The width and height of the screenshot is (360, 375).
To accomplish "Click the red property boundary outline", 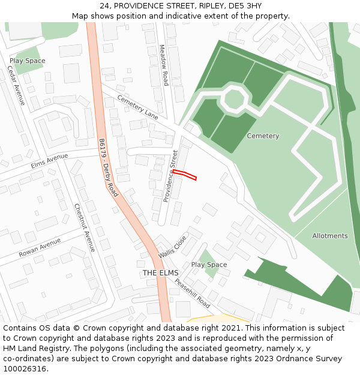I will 185,175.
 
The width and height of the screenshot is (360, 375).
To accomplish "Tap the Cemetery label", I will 263,136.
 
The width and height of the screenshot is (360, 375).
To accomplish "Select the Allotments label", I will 329,236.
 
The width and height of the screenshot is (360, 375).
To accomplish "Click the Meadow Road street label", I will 163,65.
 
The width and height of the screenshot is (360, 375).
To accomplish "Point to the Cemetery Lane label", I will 137,107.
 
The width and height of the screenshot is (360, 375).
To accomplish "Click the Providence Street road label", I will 170,176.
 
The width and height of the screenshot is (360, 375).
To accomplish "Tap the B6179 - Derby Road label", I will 109,168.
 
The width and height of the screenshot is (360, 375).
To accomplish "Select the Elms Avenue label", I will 49,160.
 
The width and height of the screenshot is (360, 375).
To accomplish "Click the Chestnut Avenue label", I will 85,227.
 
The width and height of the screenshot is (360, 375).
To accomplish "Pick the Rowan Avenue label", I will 40,248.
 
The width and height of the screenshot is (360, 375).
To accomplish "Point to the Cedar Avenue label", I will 16,85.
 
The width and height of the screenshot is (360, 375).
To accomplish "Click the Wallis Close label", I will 173,247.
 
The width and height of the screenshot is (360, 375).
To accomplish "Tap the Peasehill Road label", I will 192,291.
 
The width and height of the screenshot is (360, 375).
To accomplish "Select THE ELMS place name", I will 160,273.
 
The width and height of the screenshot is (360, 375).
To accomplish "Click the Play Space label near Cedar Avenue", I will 27,61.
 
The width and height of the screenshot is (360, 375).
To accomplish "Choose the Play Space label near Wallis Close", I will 209,265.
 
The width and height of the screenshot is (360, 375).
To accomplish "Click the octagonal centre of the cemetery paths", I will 233,98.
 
